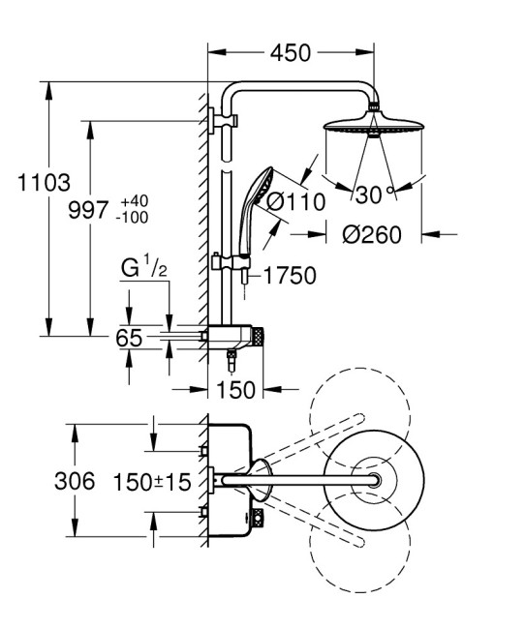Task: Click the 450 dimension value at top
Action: tap(291, 52)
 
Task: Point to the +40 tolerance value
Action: tap(133, 200)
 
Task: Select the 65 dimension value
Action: tap(129, 338)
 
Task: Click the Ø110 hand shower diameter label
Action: tap(288, 204)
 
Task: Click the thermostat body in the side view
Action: tap(241, 338)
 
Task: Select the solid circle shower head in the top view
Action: tap(373, 481)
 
